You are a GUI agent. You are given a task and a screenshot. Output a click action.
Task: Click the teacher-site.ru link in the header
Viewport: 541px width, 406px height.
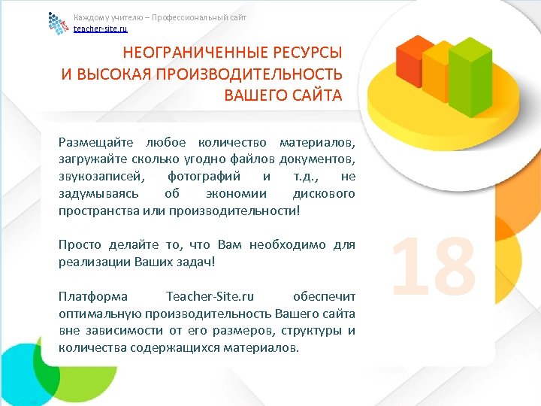pyautogui.click(x=100, y=29)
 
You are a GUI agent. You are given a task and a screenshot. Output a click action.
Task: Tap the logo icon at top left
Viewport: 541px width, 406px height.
pyautogui.click(x=58, y=24)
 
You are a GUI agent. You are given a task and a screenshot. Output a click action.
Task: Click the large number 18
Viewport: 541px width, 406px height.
pyautogui.click(x=434, y=265)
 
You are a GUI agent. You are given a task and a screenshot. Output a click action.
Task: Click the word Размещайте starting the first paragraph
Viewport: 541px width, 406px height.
pyautogui.click(x=95, y=142)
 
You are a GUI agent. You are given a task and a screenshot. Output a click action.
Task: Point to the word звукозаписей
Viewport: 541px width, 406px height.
pyautogui.click(x=95, y=177)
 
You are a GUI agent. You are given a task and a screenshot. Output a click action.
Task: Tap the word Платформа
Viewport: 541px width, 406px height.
pyautogui.click(x=92, y=297)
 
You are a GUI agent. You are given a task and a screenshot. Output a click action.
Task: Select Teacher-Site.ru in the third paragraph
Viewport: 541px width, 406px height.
pyautogui.click(x=210, y=297)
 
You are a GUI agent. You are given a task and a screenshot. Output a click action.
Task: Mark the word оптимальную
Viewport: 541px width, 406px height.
pyautogui.click(x=100, y=314)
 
